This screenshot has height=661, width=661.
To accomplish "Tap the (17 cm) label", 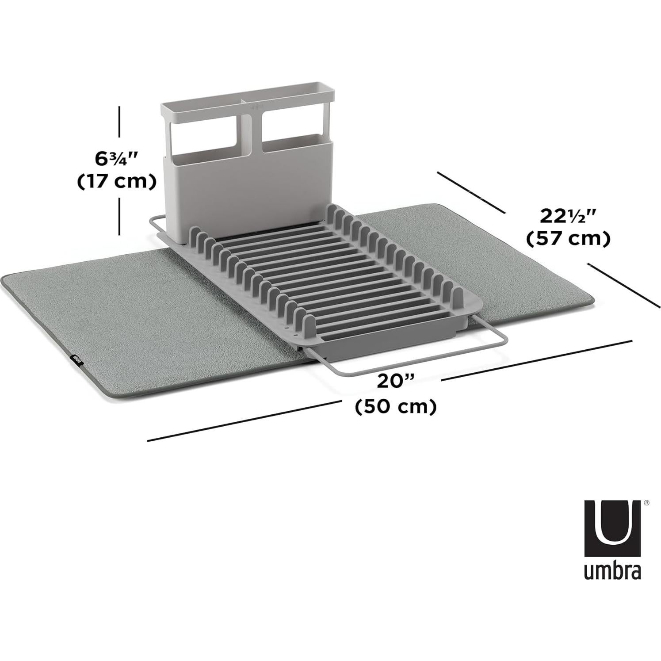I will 117,182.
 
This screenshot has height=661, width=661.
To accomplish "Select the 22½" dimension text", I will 569,216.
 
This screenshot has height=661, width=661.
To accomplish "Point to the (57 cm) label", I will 569,239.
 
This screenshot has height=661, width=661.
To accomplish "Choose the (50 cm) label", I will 396,406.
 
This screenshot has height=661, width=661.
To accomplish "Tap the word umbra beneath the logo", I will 612,570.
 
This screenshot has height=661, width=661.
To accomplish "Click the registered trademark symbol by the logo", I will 646,503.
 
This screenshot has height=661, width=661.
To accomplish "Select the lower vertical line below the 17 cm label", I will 119,217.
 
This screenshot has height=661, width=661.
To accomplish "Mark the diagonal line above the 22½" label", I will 471,192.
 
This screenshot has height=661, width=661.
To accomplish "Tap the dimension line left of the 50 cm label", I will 243,421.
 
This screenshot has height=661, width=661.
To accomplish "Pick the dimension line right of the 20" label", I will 537,360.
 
